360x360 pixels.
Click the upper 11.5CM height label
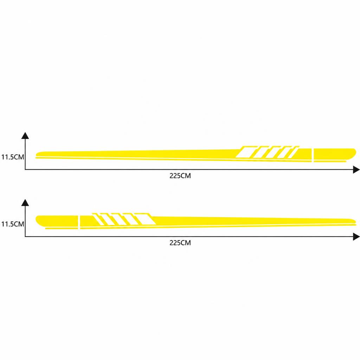(13, 157)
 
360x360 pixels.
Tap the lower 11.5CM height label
(13, 224)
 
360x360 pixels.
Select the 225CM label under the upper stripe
(180, 176)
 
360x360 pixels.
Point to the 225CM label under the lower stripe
(180, 243)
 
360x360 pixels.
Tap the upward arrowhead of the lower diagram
(25, 202)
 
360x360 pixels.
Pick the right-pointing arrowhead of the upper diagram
(356, 170)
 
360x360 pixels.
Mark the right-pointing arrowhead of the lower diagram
(356, 237)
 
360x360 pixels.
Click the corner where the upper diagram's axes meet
(25, 169)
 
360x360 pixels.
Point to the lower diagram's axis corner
(25, 237)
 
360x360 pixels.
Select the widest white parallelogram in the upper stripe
(244, 153)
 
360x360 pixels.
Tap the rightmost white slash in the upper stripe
(294, 153)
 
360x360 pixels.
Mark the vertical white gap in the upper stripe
(313, 155)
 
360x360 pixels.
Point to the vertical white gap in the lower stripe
(79, 222)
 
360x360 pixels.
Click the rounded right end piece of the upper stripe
(335, 154)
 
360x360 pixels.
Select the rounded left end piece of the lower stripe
(57, 221)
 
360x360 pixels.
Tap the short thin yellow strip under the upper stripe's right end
(330, 161)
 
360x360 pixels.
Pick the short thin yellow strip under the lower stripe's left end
(62, 229)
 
